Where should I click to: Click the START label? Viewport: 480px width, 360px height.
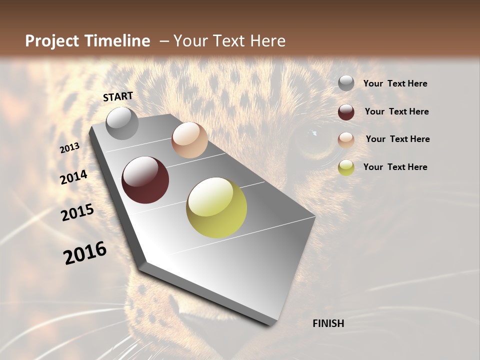[x=118, y=96]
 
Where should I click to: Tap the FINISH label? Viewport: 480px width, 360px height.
[x=328, y=323]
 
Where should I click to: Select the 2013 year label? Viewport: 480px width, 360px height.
[x=69, y=148]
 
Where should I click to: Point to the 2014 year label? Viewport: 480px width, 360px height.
[x=73, y=177]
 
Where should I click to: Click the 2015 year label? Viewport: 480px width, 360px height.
[x=77, y=212]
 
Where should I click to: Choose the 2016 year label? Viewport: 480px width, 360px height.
[x=85, y=253]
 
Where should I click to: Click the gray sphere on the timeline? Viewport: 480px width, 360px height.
[x=122, y=123]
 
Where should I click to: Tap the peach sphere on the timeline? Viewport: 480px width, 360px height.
[x=189, y=140]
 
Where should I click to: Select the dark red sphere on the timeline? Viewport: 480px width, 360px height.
[x=145, y=180]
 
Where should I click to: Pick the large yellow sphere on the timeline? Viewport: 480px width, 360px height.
[x=216, y=207]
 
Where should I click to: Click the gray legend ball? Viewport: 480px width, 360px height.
[x=346, y=83]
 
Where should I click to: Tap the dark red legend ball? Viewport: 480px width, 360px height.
[x=346, y=112]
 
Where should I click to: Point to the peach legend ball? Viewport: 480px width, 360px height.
[x=346, y=140]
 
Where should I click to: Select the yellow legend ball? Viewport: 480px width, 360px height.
[x=346, y=167]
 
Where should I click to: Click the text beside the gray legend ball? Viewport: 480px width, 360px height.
[x=395, y=84]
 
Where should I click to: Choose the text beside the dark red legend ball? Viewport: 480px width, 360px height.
[x=396, y=111]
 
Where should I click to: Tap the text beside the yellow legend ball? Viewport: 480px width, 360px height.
[x=395, y=167]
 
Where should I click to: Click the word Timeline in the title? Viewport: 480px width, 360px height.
[x=118, y=41]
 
